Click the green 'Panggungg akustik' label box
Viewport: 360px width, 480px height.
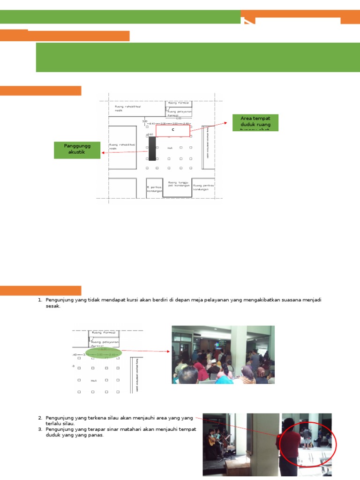[77, 150]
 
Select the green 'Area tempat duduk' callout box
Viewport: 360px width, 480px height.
[255, 122]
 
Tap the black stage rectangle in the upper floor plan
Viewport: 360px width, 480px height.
[152, 148]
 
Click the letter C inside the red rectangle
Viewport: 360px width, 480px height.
[172, 129]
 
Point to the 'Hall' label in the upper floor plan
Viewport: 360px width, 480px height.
[170, 148]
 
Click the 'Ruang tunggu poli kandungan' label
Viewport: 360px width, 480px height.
[179, 184]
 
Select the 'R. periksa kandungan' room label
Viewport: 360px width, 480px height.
[154, 189]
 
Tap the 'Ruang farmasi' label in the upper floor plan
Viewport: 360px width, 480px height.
[178, 102]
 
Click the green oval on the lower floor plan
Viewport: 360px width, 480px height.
[104, 352]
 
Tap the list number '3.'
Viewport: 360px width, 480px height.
[40, 429]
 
